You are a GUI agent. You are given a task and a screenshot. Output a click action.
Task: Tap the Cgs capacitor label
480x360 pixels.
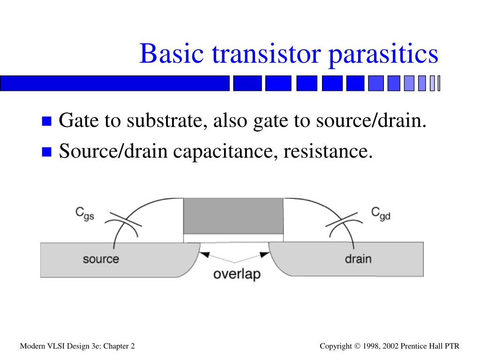[85, 214]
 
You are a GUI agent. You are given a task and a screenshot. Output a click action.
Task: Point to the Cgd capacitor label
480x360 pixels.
[381, 214]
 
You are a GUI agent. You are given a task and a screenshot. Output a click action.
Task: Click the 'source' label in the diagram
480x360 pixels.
[101, 259]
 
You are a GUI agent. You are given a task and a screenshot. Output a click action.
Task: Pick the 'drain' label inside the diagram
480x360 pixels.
[358, 258]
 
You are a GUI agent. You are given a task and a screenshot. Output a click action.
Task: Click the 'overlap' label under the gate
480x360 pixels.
[237, 274]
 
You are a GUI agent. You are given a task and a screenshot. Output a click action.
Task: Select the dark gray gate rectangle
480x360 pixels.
[233, 216]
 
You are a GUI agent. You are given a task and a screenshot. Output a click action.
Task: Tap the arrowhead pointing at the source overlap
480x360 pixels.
[205, 255]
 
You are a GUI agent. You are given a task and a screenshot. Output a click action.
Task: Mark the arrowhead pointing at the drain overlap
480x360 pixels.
[265, 255]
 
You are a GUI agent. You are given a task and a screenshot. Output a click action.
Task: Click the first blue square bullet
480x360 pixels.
[46, 122]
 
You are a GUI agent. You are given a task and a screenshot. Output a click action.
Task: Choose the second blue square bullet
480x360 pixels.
[46, 152]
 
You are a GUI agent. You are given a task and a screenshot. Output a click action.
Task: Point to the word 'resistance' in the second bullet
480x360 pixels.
[328, 151]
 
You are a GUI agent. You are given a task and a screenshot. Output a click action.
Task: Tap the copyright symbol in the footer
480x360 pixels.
[357, 346]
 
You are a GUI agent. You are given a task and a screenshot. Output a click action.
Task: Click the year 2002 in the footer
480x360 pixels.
[391, 346]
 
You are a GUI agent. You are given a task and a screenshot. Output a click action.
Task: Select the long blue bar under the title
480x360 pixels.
[115, 83]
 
